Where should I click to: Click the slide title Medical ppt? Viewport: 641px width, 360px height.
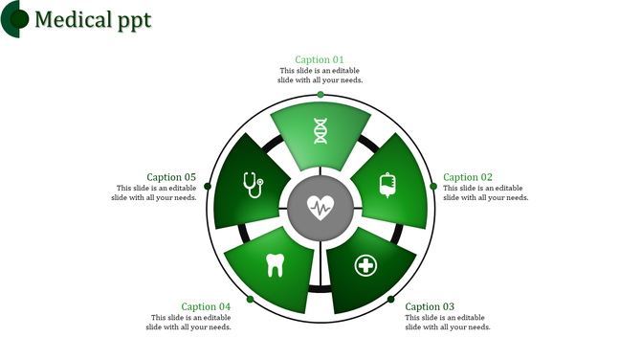pyautogui.click(x=92, y=19)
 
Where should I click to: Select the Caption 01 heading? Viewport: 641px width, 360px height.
pyautogui.click(x=320, y=59)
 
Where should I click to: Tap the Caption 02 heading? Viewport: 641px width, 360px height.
pyautogui.click(x=468, y=177)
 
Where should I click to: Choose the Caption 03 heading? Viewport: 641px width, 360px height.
pyautogui.click(x=430, y=307)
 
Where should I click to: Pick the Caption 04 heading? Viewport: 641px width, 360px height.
pyautogui.click(x=206, y=307)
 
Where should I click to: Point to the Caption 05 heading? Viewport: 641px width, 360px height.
pyautogui.click(x=171, y=177)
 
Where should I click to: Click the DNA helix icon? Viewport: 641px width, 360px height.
pyautogui.click(x=320, y=131)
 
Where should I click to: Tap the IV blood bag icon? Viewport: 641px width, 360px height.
pyautogui.click(x=387, y=184)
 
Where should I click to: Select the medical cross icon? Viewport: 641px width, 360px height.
pyautogui.click(x=365, y=264)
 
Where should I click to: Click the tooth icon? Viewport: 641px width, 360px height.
pyautogui.click(x=276, y=264)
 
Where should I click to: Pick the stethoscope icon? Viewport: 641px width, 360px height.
pyautogui.click(x=253, y=184)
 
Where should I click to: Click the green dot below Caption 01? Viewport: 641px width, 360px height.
pyautogui.click(x=320, y=95)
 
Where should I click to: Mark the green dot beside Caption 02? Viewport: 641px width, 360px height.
pyautogui.click(x=434, y=187)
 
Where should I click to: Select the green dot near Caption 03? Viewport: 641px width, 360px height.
pyautogui.click(x=391, y=300)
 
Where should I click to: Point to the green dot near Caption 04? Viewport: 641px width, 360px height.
pyautogui.click(x=250, y=300)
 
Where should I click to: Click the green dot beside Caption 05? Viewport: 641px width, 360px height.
pyautogui.click(x=207, y=187)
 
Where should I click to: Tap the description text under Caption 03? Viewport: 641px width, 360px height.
pyautogui.click(x=448, y=323)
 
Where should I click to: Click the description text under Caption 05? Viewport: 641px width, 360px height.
pyautogui.click(x=154, y=193)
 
